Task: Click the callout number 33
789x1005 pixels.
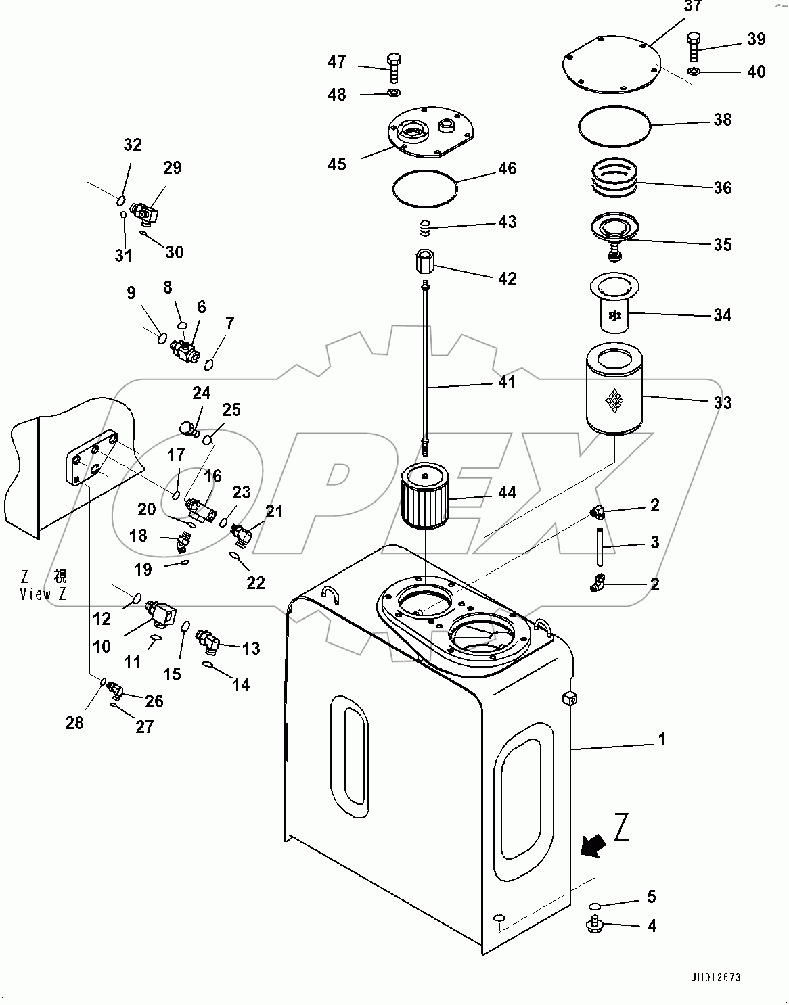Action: (x=723, y=403)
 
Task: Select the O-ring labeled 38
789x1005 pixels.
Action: (x=614, y=125)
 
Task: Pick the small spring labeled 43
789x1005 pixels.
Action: (x=425, y=229)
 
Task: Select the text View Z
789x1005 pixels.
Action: (x=44, y=594)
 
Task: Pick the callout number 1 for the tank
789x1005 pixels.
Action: (x=662, y=739)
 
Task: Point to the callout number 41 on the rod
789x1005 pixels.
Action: (x=507, y=383)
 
